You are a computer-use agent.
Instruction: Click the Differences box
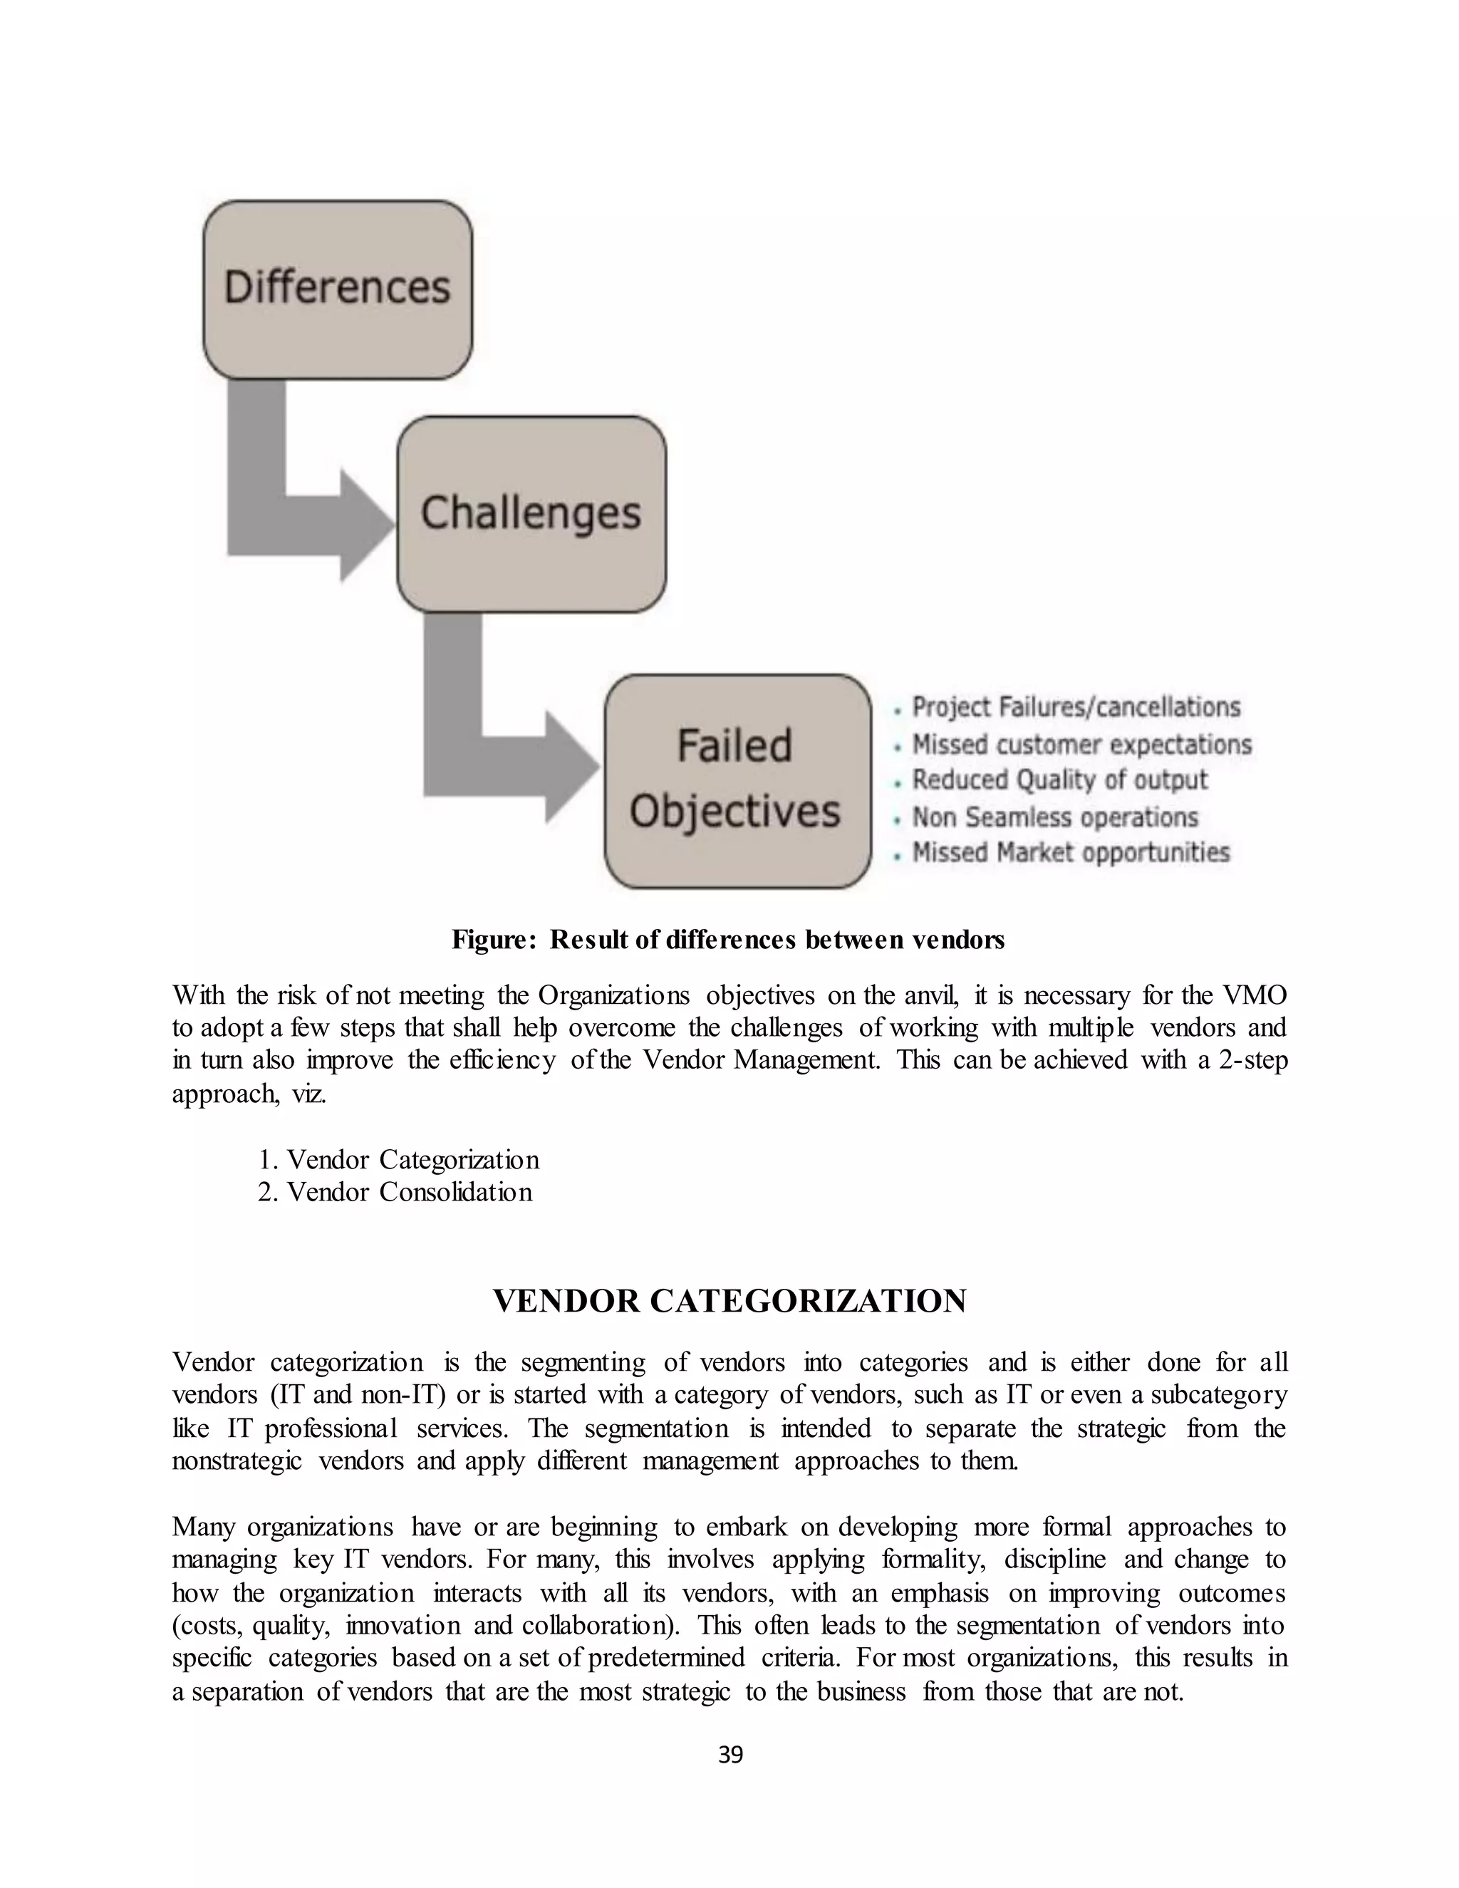(x=337, y=289)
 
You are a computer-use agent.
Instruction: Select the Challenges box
(x=531, y=514)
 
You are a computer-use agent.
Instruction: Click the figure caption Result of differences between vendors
(x=728, y=940)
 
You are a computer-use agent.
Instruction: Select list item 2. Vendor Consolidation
(x=395, y=1192)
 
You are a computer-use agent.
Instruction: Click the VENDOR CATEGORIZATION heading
(x=729, y=1301)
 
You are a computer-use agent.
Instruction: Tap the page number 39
(x=730, y=1755)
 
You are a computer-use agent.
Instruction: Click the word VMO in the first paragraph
(x=1255, y=995)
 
